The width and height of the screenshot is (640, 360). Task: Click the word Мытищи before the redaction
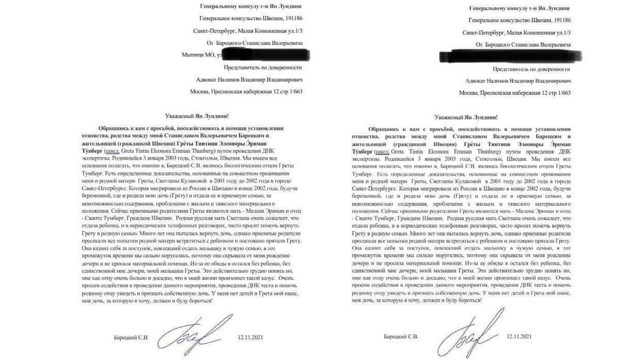(193, 54)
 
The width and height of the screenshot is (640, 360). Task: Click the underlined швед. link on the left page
(113, 151)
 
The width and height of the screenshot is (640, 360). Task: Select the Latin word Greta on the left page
(129, 151)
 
